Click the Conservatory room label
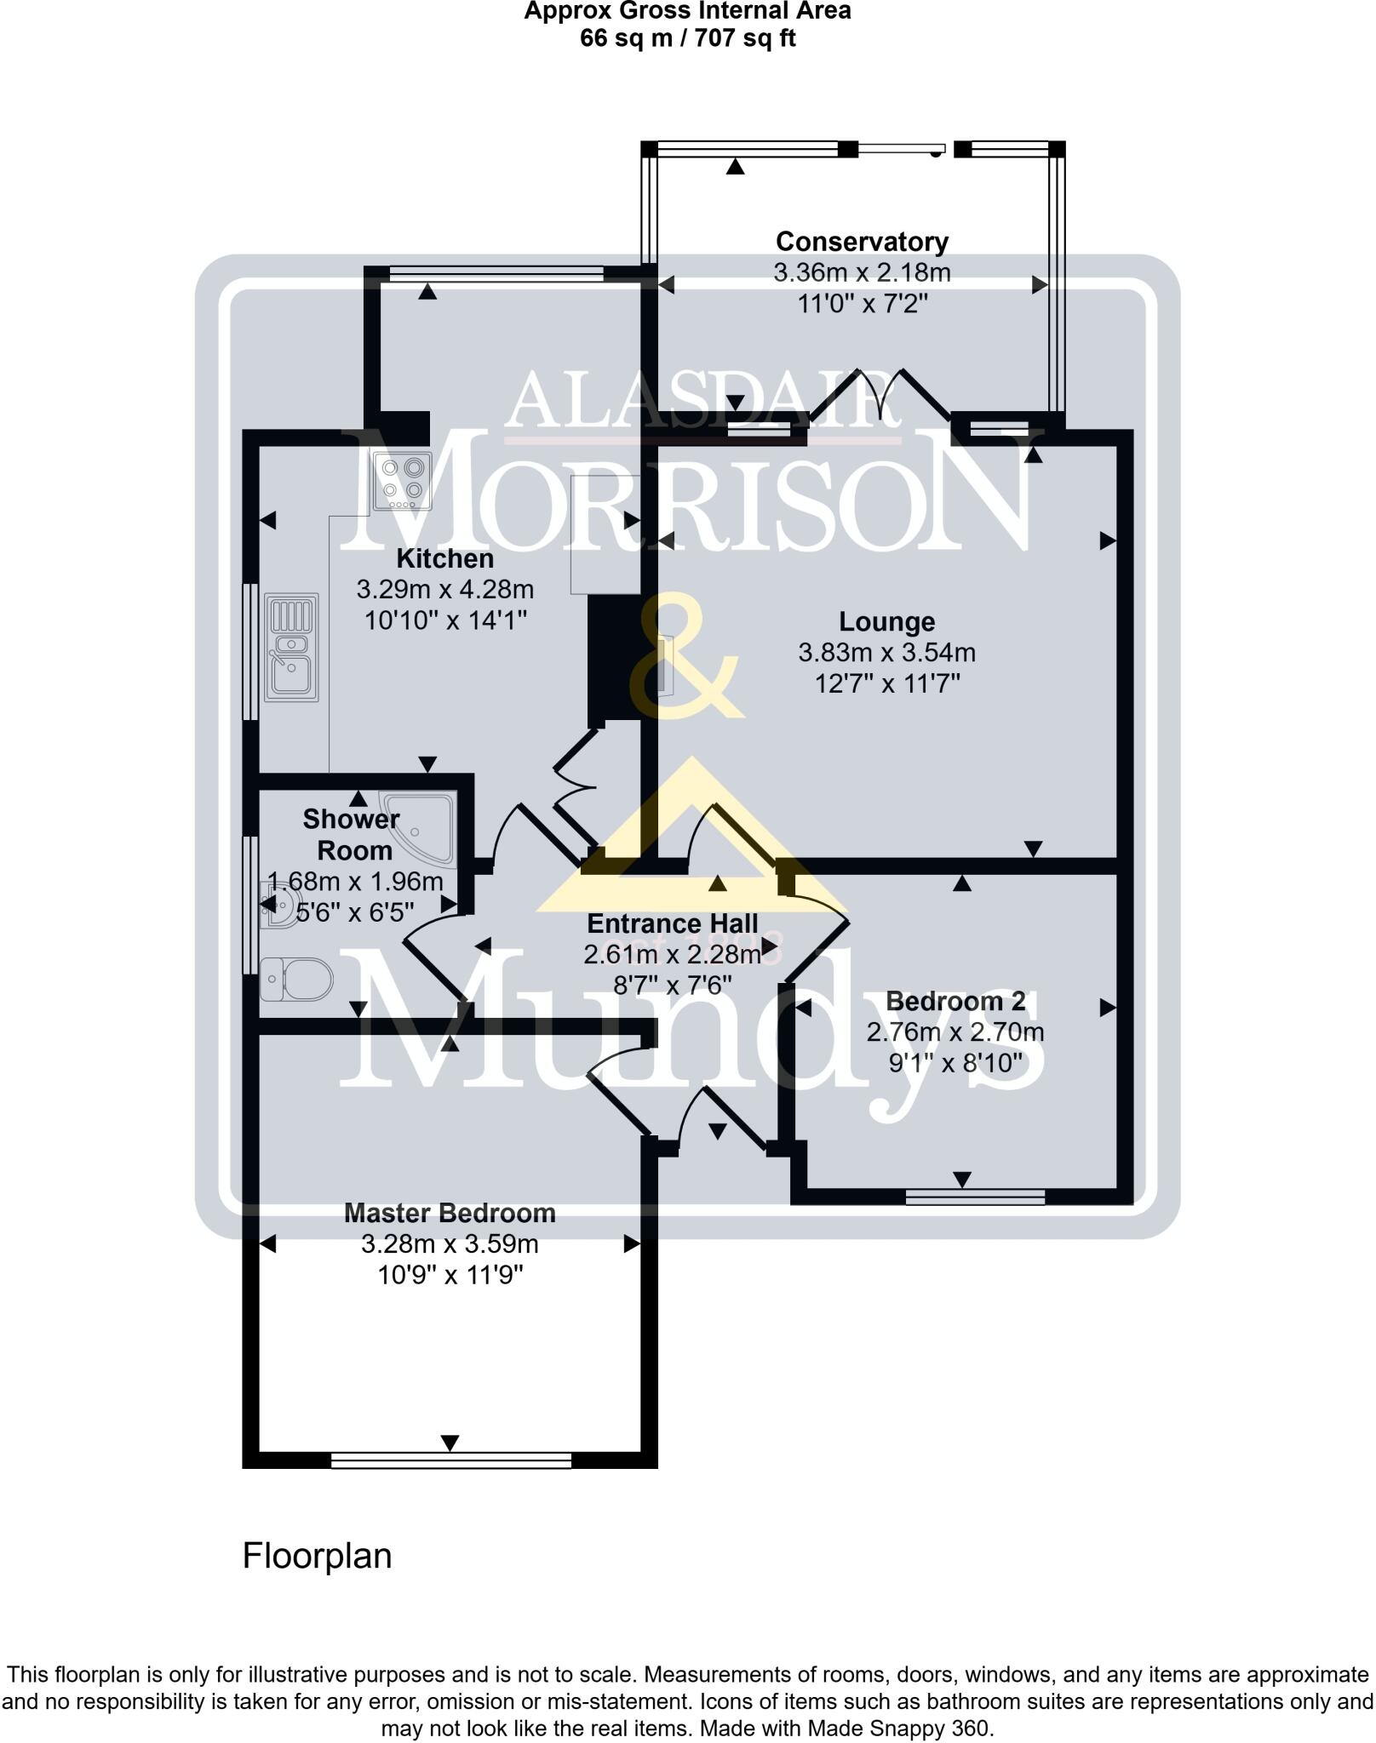click(861, 242)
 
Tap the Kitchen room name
click(444, 559)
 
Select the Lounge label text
click(886, 622)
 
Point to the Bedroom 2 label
click(955, 1002)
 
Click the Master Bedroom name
click(450, 1214)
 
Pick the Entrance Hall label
click(672, 924)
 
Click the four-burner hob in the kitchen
click(403, 481)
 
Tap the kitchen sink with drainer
click(291, 648)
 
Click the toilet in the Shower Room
click(297, 979)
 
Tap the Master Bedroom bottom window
click(450, 1460)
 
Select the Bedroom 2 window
click(975, 1197)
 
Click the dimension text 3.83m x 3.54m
click(886, 653)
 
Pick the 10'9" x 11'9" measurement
click(450, 1275)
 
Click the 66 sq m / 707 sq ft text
click(687, 38)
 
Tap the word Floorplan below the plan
click(317, 1556)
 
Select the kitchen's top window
click(496, 273)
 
